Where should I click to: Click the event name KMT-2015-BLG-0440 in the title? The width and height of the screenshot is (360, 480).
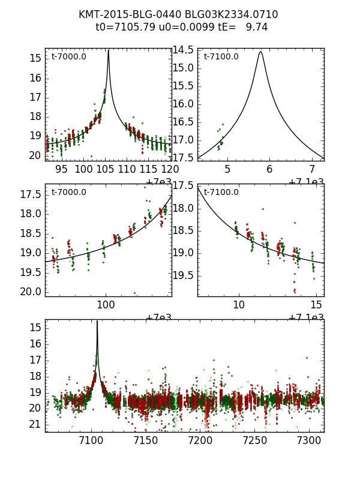[x=124, y=14]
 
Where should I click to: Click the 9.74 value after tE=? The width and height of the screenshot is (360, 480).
[x=257, y=27]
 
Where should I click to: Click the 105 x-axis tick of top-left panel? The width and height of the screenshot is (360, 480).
[x=105, y=169]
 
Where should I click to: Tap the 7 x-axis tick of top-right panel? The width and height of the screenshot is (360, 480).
[x=312, y=169]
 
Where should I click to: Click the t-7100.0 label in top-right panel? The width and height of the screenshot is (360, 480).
[x=221, y=57]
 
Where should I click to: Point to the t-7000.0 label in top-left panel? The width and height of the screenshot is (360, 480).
[x=68, y=57]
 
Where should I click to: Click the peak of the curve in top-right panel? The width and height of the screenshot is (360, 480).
[x=260, y=52]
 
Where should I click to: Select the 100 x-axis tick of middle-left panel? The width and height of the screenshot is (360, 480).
[x=106, y=305]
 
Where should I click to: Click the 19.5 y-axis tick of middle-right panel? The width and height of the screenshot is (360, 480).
[x=183, y=275]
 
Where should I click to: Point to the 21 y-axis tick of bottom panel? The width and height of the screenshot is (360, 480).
[x=34, y=424]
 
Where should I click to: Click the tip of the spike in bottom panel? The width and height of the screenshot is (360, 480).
[x=97, y=322]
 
